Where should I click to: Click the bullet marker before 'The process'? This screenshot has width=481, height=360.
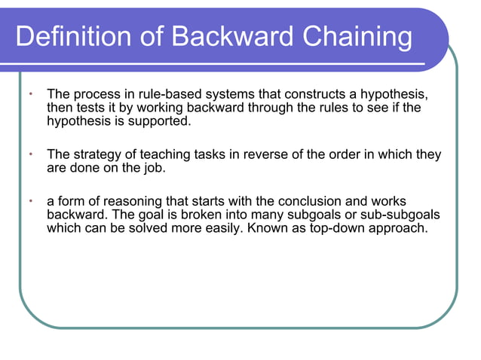click(x=30, y=95)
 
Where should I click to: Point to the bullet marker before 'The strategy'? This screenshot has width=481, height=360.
click(x=30, y=154)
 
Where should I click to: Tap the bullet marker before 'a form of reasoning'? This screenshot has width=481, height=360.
click(x=30, y=201)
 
